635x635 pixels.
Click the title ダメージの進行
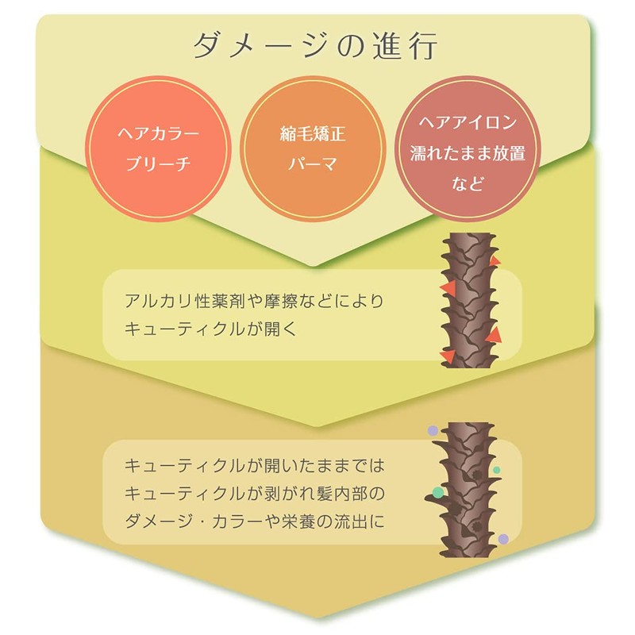tap(315, 46)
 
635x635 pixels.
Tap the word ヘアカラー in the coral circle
tap(158, 133)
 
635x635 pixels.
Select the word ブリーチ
tap(158, 164)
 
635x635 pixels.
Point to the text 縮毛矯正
tap(313, 133)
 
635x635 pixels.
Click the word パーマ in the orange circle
tap(313, 164)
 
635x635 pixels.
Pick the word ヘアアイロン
tap(468, 122)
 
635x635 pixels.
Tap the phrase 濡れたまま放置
tap(468, 153)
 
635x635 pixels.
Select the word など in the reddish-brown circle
tap(468, 183)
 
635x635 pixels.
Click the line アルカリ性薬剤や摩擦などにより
tap(254, 301)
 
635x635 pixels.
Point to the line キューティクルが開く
tap(211, 329)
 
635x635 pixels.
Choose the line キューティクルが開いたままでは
tap(254, 466)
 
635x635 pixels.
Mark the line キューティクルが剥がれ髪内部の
tap(254, 494)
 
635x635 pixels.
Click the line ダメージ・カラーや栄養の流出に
tap(254, 521)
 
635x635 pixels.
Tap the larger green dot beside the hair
tap(438, 492)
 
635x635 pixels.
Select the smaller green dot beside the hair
tap(497, 470)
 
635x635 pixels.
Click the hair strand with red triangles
tap(470, 300)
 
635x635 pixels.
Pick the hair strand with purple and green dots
tap(466, 490)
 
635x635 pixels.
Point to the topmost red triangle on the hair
tap(494, 261)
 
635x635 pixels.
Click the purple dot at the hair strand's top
tap(433, 430)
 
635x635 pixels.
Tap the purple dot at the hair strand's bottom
tap(503, 539)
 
